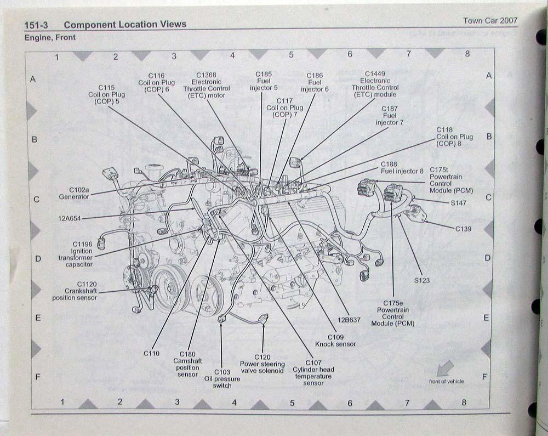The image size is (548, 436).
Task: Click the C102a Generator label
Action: (73, 192)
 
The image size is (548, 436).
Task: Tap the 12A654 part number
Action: (69, 218)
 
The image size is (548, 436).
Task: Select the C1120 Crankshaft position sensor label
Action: (75, 291)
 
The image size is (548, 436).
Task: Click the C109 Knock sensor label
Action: (335, 341)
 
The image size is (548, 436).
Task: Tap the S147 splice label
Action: (459, 203)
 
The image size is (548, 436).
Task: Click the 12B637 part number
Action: (349, 320)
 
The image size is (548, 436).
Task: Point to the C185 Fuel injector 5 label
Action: (264, 81)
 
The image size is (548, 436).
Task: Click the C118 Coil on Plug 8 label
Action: (454, 136)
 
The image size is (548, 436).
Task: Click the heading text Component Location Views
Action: (125, 24)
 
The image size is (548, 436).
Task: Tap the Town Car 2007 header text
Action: (490, 21)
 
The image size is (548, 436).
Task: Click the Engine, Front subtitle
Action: (50, 38)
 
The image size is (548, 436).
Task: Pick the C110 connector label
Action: (151, 353)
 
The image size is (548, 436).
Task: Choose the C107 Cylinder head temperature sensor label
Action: (312, 372)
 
